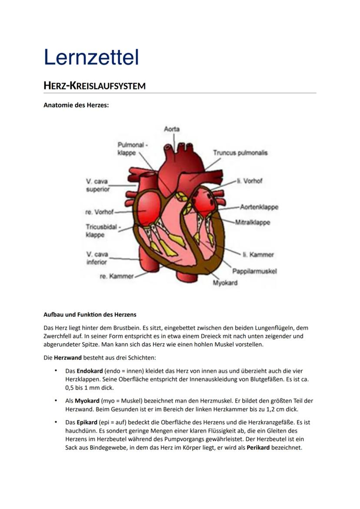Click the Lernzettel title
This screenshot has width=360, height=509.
tap(91, 57)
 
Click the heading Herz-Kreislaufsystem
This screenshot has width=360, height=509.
tap(94, 86)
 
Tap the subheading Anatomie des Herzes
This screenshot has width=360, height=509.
tap(76, 105)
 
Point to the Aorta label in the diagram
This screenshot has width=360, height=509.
tap(172, 129)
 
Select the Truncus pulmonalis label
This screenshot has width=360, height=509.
tap(240, 153)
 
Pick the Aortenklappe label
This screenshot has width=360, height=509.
tap(259, 207)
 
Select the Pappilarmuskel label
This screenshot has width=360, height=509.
tap(254, 271)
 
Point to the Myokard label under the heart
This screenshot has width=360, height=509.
tap(225, 283)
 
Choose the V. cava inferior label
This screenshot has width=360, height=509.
tap(97, 258)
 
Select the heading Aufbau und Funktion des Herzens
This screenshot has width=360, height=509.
tap(90, 315)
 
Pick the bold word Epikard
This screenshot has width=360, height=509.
tap(87, 422)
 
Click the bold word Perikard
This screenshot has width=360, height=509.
tap(258, 448)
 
